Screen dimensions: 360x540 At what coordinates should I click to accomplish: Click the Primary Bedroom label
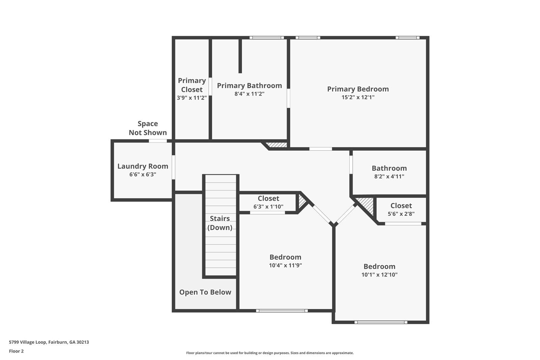coord(358,89)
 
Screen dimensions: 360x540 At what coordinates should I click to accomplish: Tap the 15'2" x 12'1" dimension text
coord(358,97)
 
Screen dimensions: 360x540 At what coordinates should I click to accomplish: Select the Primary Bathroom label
coord(249,86)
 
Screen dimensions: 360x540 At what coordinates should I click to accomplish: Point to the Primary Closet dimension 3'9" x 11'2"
coord(192,98)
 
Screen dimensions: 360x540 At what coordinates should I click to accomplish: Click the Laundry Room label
coord(143,166)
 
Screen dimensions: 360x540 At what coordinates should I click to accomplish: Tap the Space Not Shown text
coord(148,128)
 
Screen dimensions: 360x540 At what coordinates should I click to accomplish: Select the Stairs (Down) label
coord(220,223)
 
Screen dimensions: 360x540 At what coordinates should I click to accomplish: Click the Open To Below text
coord(205,292)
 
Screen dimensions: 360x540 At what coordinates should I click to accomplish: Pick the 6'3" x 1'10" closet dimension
coord(268,207)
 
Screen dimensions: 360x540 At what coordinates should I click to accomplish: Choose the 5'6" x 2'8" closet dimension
coord(401,214)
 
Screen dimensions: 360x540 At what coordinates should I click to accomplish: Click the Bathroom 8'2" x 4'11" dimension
coord(389,176)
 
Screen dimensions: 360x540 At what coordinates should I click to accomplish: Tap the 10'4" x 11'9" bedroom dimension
coord(285,265)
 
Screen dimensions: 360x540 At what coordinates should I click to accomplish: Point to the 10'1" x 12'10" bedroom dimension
coord(379,275)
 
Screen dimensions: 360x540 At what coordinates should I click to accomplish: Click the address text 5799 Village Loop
coord(49,342)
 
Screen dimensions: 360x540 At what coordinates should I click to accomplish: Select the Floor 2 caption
coord(16,351)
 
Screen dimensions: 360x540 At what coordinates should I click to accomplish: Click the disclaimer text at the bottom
coord(270,353)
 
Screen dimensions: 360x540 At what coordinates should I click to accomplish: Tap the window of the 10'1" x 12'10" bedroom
coord(381,322)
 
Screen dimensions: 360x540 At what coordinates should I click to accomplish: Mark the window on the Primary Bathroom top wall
coord(267,38)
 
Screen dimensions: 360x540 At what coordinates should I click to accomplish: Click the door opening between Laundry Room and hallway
coord(173,167)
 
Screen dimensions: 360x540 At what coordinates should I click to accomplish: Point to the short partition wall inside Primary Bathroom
coord(240,56)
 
